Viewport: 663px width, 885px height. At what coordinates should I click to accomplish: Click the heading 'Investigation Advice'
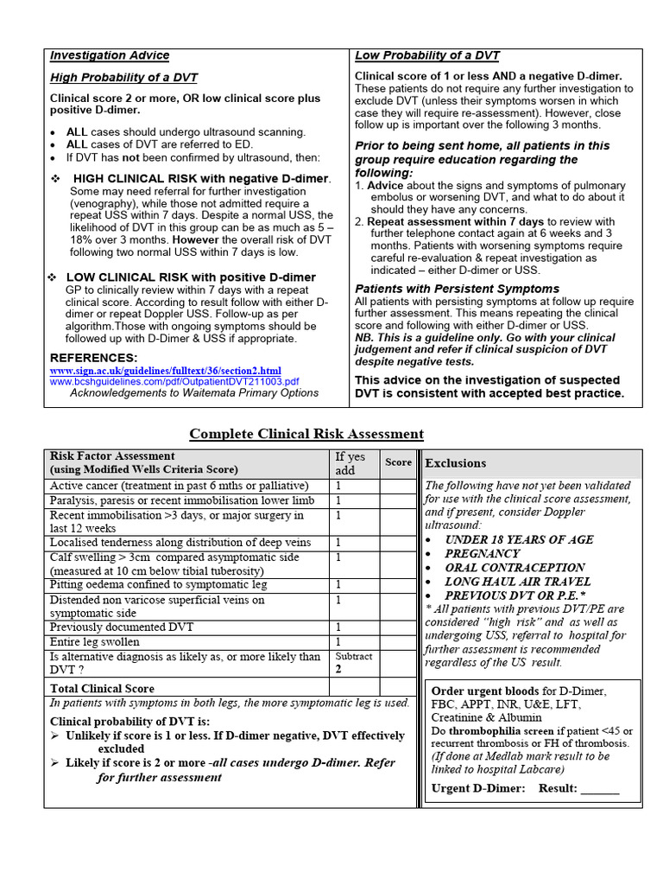[110, 55]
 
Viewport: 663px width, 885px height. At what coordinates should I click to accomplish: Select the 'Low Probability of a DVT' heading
[427, 55]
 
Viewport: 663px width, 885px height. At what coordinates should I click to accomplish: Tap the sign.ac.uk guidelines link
[166, 371]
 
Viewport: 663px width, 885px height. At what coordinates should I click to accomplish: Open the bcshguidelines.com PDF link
[174, 381]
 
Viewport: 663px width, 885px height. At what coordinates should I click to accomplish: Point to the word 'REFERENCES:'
[93, 358]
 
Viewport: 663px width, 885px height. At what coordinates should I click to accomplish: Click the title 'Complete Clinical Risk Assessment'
[306, 434]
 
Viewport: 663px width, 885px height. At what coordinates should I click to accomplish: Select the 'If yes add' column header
[350, 463]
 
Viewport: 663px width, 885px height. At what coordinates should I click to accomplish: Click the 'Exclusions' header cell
[456, 463]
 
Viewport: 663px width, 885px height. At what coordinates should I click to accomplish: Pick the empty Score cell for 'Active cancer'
[398, 486]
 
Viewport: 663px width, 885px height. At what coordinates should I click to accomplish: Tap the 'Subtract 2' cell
[354, 663]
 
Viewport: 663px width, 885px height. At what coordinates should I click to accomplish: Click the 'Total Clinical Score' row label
[103, 688]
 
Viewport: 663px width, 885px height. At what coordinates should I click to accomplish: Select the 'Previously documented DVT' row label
[122, 627]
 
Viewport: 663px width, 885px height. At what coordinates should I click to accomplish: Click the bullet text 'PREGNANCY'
[483, 553]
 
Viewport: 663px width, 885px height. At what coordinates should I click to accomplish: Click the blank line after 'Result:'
[600, 788]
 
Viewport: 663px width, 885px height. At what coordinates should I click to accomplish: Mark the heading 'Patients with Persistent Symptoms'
[457, 289]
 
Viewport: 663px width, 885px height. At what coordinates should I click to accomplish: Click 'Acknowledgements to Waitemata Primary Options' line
[194, 393]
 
